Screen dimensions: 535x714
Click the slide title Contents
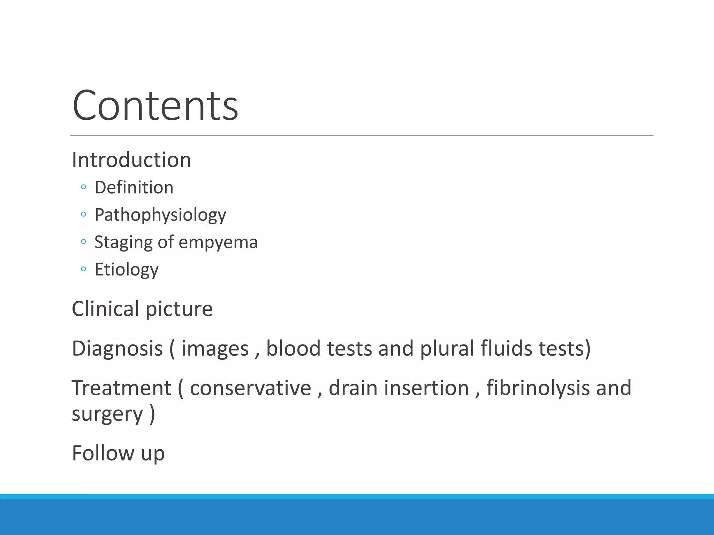[155, 105]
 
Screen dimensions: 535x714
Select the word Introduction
[131, 160]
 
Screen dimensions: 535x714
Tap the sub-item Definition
[134, 187]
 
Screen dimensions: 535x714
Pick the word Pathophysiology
[160, 215]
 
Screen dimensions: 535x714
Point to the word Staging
[123, 242]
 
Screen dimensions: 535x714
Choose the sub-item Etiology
[127, 270]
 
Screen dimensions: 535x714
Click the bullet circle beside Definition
[83, 187]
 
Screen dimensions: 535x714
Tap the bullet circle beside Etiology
[83, 269]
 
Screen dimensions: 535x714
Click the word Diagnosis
[117, 348]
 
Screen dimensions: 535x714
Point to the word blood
[293, 348]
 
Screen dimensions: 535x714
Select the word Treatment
[121, 388]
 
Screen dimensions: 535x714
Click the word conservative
[250, 388]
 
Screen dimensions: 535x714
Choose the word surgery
[107, 414]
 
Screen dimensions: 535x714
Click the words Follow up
[118, 453]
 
